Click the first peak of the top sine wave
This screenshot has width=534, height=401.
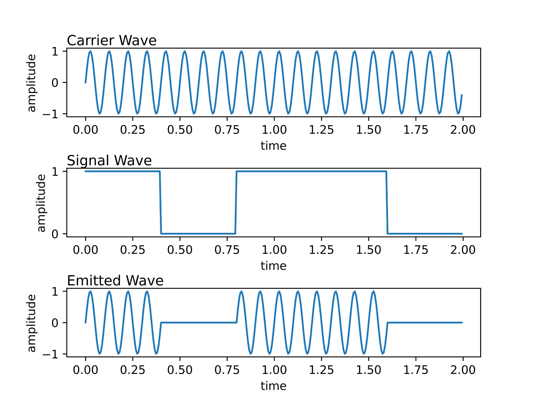tap(90, 52)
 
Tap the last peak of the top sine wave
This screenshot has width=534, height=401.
tap(449, 52)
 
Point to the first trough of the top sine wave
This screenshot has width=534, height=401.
tap(99, 113)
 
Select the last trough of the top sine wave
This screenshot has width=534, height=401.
tap(458, 113)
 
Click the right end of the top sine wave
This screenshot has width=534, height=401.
tap(463, 95)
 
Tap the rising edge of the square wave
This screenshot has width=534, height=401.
tap(236, 202)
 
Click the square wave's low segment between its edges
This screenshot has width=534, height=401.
tap(198, 233)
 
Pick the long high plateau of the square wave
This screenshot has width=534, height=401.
tap(312, 171)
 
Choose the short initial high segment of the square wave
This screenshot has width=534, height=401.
tap(121, 171)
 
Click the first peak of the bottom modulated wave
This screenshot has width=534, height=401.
tap(90, 292)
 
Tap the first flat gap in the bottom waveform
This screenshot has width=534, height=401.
tap(198, 322)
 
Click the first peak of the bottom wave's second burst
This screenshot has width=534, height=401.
tap(241, 292)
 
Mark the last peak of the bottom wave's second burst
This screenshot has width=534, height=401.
tap(373, 292)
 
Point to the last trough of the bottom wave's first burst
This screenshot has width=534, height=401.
tap(156, 353)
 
